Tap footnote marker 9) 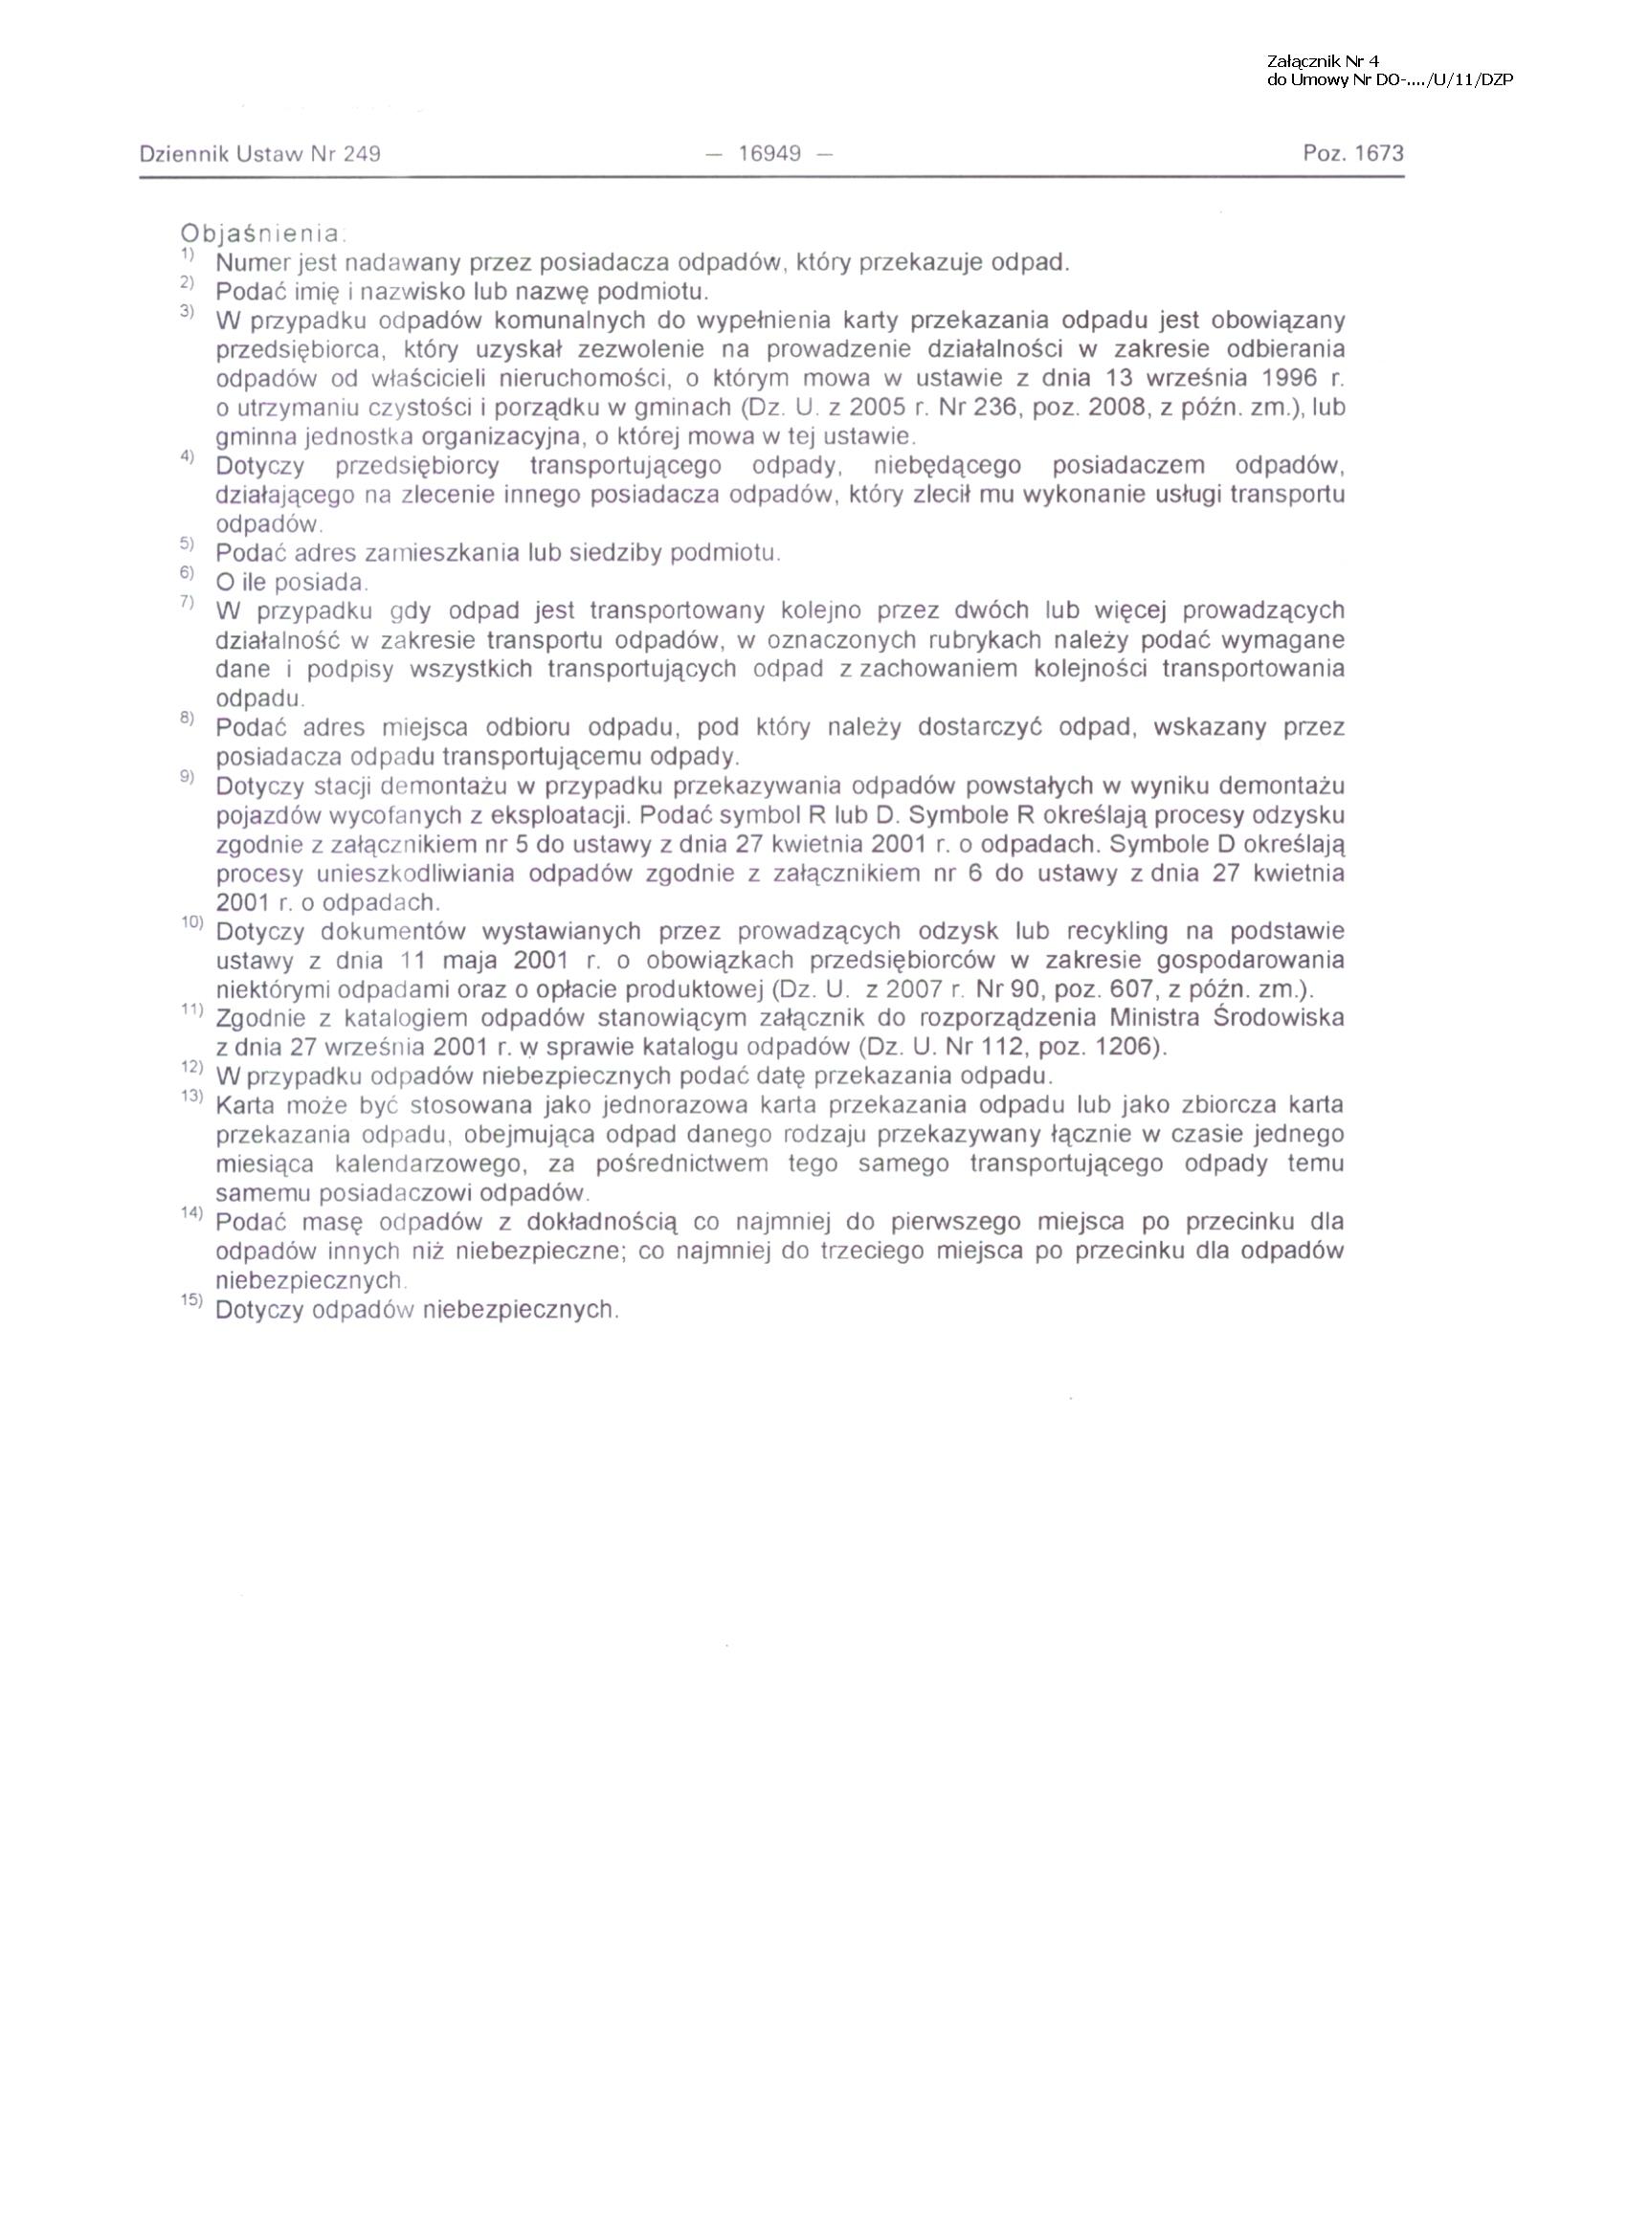coord(189,777)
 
